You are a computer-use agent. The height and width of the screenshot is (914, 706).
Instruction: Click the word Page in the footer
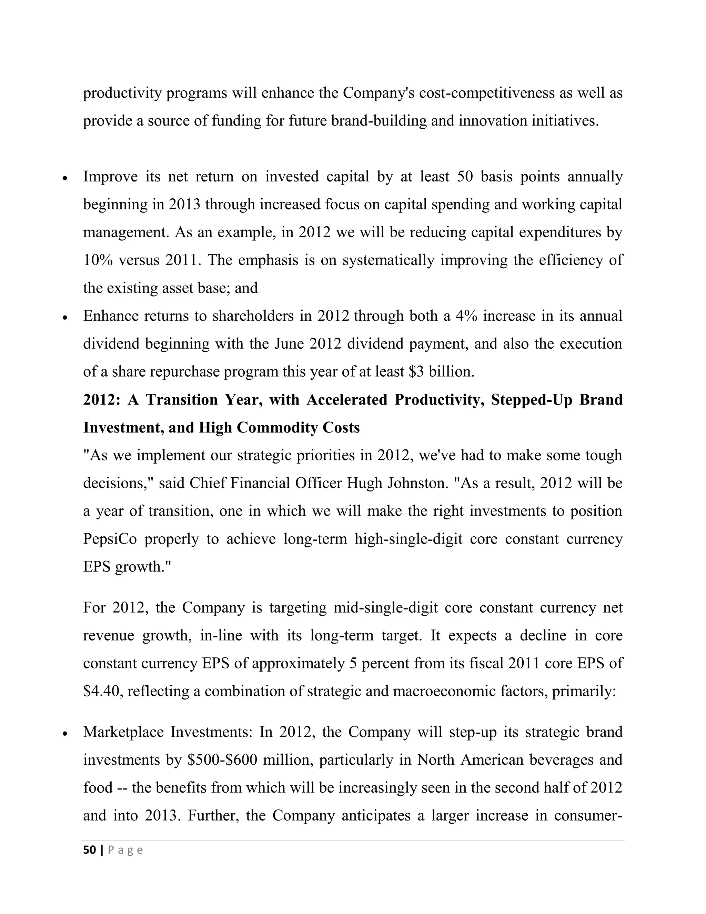tap(125, 850)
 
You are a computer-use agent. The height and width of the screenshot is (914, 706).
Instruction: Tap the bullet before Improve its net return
tap(64, 178)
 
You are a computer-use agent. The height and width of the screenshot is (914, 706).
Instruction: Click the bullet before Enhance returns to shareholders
tap(64, 317)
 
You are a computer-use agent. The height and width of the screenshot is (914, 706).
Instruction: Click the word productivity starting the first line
tap(122, 93)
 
